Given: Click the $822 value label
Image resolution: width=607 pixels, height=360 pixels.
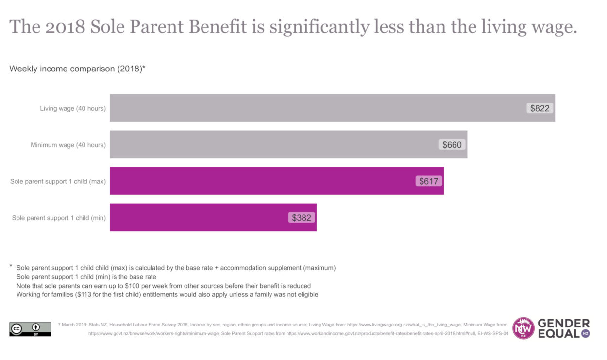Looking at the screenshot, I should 540,108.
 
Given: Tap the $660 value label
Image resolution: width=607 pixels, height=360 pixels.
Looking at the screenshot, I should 452,144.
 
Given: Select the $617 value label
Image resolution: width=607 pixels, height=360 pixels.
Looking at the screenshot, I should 429,181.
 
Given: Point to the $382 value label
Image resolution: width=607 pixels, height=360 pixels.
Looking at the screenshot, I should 301,218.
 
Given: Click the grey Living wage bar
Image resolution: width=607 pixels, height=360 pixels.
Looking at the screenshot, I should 316,108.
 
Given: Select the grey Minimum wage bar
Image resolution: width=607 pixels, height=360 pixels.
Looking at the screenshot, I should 272,144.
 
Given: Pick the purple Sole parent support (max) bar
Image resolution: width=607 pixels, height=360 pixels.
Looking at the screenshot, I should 262,181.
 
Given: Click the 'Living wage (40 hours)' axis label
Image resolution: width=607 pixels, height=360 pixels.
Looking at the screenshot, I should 73,108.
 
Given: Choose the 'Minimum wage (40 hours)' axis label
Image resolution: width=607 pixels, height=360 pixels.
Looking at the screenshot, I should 68,145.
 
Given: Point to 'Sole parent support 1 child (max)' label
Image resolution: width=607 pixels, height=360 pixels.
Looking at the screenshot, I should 58,182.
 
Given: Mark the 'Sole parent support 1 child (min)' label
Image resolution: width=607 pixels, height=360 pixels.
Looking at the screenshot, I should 59,218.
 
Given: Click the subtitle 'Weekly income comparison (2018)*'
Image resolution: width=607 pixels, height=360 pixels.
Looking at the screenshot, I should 77,69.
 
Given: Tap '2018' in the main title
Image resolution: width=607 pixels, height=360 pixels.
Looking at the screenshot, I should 64,27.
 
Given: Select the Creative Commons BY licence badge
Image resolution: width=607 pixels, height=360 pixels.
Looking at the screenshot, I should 30,329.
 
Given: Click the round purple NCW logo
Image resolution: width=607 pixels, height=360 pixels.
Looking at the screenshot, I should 523,328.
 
